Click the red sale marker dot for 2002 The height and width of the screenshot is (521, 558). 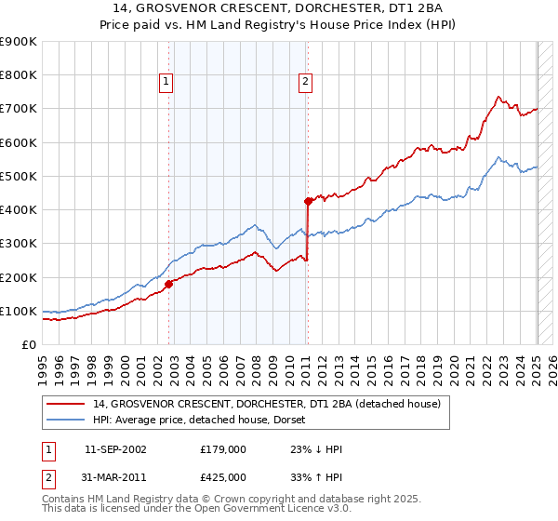point(169,284)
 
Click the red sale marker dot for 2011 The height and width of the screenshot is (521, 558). point(308,200)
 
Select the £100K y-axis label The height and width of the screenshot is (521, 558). point(18,311)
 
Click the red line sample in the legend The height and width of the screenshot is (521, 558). point(64,404)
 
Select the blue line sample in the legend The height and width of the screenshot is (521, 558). point(64,419)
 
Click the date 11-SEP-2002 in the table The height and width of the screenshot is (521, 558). point(115,449)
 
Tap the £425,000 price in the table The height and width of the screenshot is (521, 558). point(223,477)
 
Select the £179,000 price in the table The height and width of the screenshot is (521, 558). point(223,449)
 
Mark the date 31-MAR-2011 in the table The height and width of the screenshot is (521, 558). point(115,477)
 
